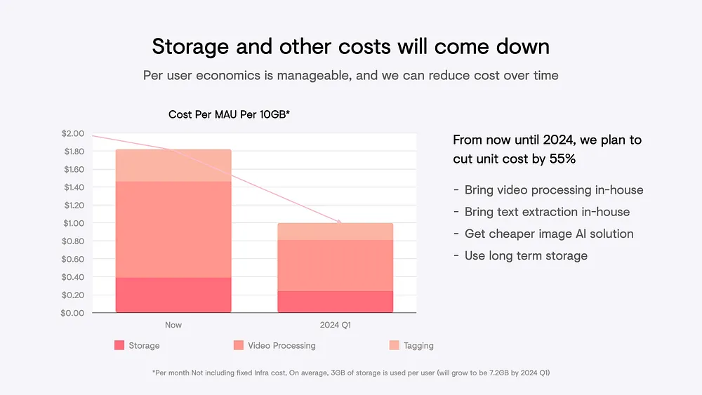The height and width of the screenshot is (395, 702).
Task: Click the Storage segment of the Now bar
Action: point(173,295)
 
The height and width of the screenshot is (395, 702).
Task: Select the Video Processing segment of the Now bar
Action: point(173,229)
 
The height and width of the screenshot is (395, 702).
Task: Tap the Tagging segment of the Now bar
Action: point(173,166)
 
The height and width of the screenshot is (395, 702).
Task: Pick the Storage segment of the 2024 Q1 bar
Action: point(336,302)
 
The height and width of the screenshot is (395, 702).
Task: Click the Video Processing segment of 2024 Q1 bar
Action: point(336,266)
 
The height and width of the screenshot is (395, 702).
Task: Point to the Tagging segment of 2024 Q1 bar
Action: point(336,232)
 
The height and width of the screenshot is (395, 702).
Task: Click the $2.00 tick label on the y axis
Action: point(73,133)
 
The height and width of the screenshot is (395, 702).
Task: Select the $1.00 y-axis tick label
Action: point(74,223)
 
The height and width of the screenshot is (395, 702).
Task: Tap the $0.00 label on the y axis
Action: point(72,313)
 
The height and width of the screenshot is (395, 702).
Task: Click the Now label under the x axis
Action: point(173,325)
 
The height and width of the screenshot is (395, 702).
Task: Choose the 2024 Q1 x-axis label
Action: point(336,325)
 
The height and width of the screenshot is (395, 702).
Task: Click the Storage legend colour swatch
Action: point(119,345)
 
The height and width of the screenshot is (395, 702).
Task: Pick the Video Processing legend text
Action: point(282,345)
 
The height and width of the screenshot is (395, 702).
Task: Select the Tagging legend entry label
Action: point(418,345)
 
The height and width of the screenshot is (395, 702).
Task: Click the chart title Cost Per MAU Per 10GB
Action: point(230,114)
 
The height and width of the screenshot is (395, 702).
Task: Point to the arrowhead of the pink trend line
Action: point(339,222)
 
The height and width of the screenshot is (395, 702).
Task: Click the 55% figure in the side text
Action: point(562,159)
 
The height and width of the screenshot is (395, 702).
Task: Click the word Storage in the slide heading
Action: point(190,47)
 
